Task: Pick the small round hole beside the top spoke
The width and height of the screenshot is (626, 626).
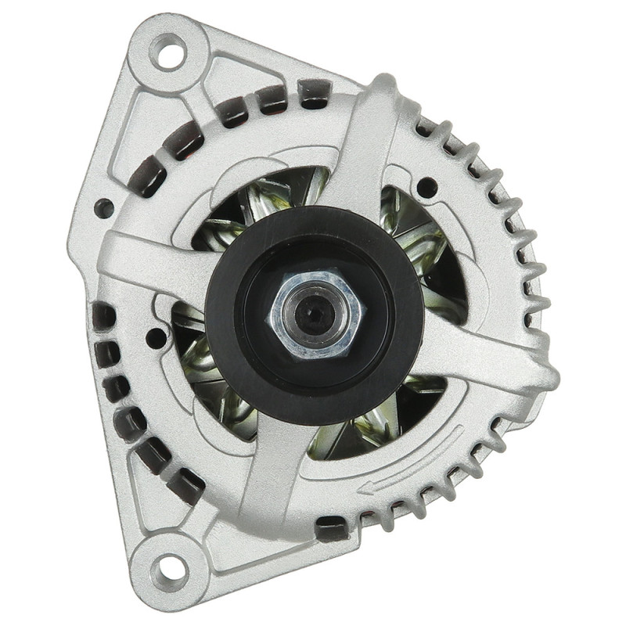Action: coord(427,187)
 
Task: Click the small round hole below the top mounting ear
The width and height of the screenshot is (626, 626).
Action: coord(103,208)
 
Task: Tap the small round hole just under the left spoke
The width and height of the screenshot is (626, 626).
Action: coord(156,338)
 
